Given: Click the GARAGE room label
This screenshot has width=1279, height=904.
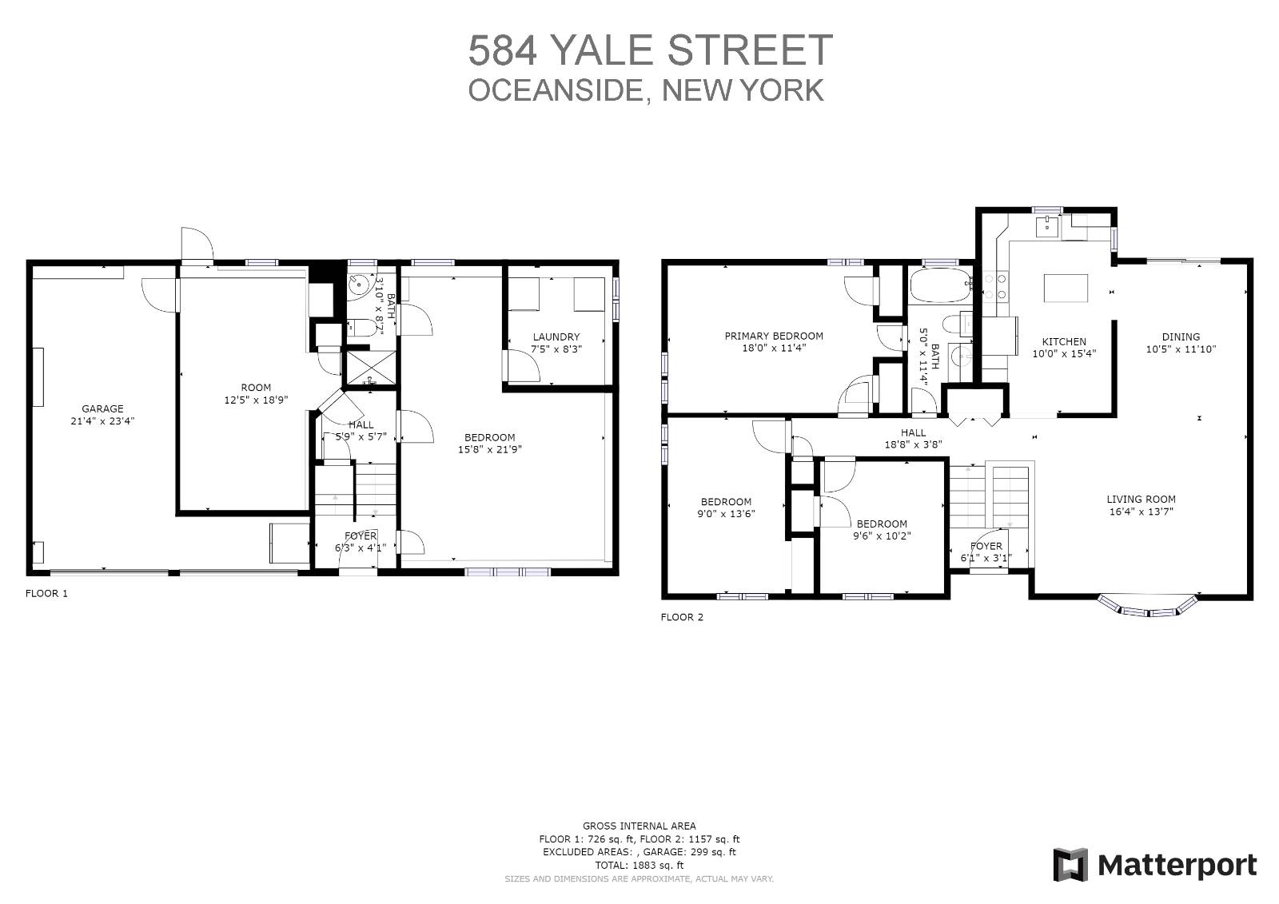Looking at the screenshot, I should point(102,408).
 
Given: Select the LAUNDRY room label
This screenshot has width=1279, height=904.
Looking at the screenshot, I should point(556,337).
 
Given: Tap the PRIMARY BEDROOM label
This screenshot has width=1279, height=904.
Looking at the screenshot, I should point(773,337).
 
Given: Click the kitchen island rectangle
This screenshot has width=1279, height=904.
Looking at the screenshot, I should point(1066,288).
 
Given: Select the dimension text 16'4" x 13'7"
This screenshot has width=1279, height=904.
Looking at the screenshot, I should point(1142,512).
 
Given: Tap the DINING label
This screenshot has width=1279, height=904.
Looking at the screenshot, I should point(1181,337).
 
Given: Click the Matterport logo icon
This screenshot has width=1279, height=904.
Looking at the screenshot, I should point(1070,865).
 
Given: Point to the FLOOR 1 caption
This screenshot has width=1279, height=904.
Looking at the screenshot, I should point(46,594).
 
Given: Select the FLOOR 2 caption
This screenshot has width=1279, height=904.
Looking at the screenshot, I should point(682,617).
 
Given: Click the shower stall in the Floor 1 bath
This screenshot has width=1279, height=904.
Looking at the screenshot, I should point(369,368).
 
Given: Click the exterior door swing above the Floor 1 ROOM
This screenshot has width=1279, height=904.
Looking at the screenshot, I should point(197,244).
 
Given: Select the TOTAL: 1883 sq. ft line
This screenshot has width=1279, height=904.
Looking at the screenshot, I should point(639,865).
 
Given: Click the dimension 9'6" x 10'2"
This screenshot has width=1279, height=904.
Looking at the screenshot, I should point(882,536).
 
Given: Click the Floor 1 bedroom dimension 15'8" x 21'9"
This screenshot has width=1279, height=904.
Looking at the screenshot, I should point(489,449).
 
